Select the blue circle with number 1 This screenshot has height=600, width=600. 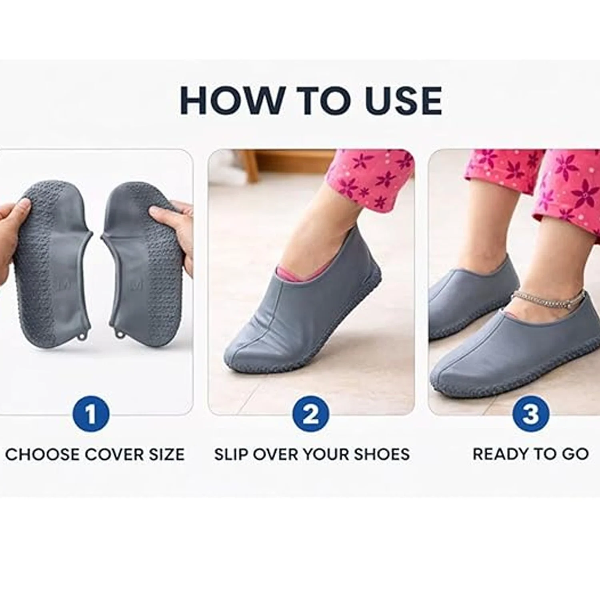[91, 414]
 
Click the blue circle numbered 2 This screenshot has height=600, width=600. [311, 414]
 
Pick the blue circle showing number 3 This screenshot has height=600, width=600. [530, 414]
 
